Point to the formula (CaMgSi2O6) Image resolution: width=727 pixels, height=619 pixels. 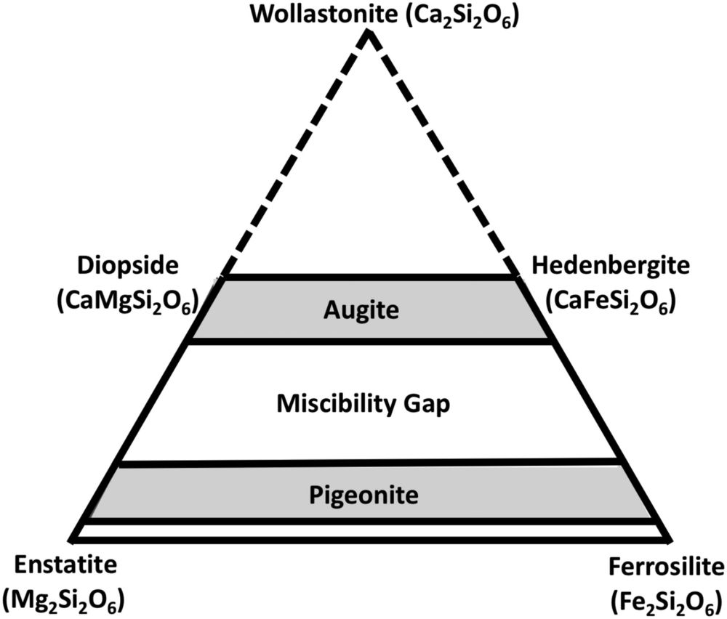click(x=128, y=300)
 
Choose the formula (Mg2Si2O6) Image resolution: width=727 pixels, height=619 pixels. click(x=63, y=600)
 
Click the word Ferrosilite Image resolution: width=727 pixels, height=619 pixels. click(x=667, y=566)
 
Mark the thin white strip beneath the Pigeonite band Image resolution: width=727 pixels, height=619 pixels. click(x=370, y=531)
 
